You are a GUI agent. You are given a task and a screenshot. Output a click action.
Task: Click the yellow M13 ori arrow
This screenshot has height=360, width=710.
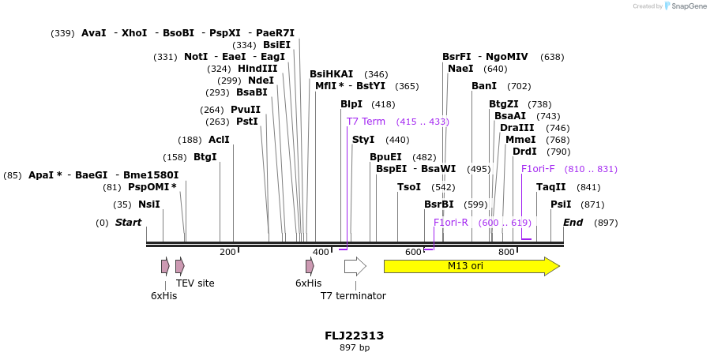(x=471, y=266)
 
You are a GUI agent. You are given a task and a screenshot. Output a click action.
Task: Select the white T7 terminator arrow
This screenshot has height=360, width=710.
(x=355, y=266)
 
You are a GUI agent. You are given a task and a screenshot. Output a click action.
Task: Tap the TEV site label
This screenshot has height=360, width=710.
(x=195, y=283)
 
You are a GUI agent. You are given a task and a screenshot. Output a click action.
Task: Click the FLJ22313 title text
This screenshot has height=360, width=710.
(x=354, y=336)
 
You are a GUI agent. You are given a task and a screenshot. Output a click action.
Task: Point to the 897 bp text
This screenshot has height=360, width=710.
(x=354, y=347)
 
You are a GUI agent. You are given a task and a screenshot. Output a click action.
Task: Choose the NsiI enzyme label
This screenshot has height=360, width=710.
(x=148, y=204)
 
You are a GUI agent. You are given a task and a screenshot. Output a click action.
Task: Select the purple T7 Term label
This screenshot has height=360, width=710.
(x=366, y=122)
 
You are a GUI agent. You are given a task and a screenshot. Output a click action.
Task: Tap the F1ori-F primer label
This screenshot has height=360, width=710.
(x=538, y=169)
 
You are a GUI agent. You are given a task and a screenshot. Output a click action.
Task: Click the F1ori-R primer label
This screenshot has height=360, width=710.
(x=450, y=223)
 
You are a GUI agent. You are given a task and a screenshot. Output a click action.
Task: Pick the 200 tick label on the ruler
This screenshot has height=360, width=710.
(x=227, y=252)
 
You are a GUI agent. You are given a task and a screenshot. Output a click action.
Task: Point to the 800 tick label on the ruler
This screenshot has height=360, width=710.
(x=506, y=252)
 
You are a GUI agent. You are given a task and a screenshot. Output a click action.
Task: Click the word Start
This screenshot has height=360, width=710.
(x=128, y=223)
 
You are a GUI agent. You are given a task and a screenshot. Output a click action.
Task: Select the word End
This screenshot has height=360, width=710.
(x=573, y=223)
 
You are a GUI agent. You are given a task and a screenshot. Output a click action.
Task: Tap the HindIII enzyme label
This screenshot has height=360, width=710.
(x=257, y=69)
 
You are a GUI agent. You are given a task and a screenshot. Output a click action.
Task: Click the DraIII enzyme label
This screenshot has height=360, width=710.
(x=517, y=128)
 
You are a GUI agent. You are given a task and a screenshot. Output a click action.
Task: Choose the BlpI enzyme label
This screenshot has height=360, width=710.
(x=351, y=104)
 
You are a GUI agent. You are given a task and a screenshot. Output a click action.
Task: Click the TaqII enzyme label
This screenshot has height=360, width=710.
(x=550, y=187)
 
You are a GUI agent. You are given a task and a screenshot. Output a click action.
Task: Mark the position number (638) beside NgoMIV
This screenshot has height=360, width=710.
(x=552, y=57)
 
